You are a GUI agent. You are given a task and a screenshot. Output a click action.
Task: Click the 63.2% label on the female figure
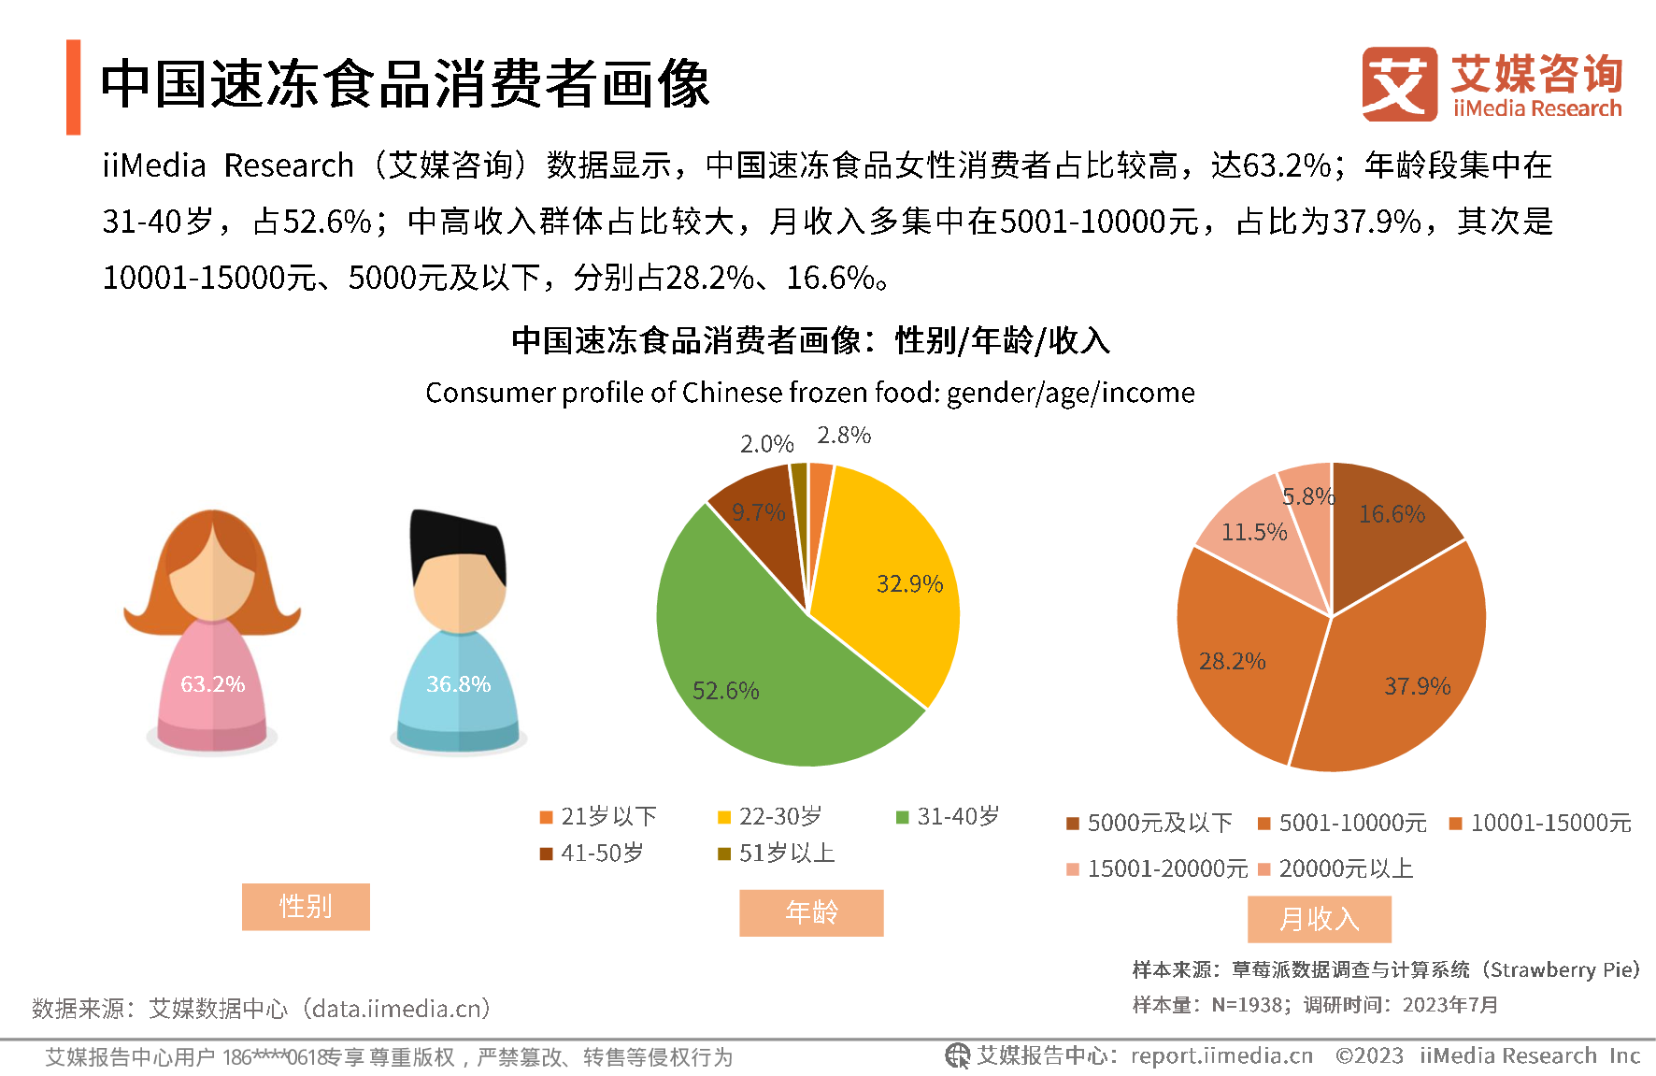click(213, 684)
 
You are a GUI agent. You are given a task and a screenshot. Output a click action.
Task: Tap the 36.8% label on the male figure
click(458, 684)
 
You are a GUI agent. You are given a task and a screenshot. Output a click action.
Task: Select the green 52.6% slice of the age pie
click(748, 673)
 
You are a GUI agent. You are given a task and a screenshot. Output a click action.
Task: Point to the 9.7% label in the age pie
click(758, 512)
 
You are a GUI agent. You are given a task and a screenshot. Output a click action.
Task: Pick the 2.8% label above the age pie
click(844, 436)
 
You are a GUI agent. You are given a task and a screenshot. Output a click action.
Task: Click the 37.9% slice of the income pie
click(1402, 673)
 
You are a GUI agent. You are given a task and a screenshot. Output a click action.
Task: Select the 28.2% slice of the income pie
click(1243, 654)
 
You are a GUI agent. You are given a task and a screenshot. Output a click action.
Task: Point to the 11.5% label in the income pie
click(1254, 533)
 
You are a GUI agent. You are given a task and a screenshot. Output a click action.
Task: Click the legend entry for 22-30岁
click(768, 817)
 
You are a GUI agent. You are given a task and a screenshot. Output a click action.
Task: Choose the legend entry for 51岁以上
click(775, 854)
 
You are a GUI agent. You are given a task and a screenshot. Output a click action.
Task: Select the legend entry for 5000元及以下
click(1149, 824)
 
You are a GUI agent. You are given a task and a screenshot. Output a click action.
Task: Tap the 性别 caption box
click(306, 907)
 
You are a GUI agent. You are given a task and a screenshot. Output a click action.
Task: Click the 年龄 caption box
click(811, 912)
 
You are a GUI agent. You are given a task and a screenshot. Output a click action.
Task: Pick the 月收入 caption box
click(1320, 919)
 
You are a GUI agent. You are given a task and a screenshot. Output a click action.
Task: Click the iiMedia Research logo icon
click(1399, 84)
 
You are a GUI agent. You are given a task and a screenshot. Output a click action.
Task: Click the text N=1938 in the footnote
click(1247, 1005)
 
